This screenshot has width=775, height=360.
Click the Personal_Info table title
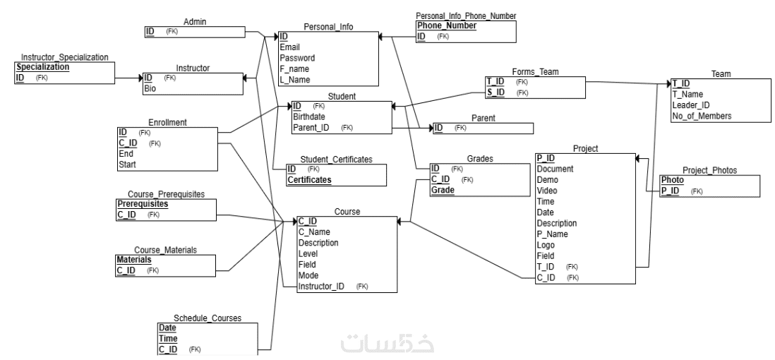(x=328, y=27)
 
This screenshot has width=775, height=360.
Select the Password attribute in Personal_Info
(x=297, y=58)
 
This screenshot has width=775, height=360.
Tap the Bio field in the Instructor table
(x=150, y=88)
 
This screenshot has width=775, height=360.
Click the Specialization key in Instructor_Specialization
(x=42, y=67)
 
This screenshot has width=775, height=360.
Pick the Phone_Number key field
(x=447, y=26)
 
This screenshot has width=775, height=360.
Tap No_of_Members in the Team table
(x=702, y=116)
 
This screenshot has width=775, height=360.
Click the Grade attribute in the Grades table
(x=443, y=191)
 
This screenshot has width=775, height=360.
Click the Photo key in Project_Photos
(x=672, y=180)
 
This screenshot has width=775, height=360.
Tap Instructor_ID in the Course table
(x=321, y=286)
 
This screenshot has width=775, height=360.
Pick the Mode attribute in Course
(x=309, y=275)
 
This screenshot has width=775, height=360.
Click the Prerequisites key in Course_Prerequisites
(x=143, y=204)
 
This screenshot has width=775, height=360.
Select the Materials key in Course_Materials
(x=134, y=260)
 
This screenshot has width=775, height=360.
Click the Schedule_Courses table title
(x=208, y=318)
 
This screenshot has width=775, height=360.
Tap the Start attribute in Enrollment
(x=127, y=164)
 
